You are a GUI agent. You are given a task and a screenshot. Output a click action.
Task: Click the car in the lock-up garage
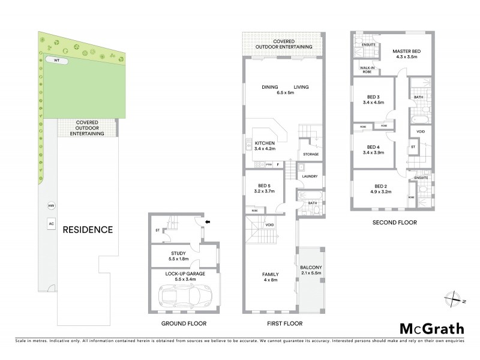point(184,295)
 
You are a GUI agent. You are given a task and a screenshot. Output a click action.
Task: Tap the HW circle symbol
point(51,206)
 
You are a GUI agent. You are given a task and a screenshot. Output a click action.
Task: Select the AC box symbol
point(51,223)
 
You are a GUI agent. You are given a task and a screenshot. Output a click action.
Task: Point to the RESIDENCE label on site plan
point(88,229)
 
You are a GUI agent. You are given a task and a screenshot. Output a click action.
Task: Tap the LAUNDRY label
point(310,176)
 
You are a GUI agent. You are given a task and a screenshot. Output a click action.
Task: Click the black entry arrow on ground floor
point(209,221)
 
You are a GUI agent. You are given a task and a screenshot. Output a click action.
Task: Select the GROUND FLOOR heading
point(184,324)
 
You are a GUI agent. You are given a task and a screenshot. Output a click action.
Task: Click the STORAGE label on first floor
point(310,154)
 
